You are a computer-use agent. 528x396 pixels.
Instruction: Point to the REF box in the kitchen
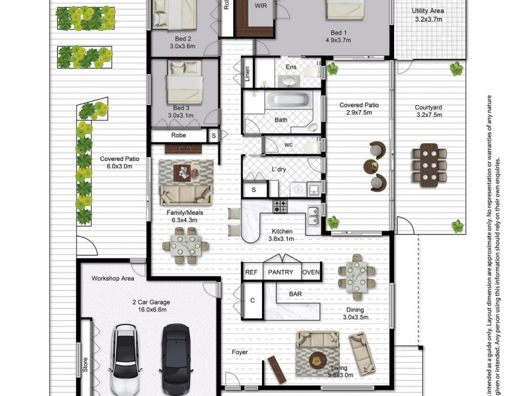[251, 272]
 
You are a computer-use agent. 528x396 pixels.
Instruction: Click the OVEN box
[311, 272]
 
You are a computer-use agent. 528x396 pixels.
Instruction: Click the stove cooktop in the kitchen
[280, 207]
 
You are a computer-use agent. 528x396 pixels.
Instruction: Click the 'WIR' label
[261, 5]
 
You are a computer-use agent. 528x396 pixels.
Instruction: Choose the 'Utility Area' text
[428, 11]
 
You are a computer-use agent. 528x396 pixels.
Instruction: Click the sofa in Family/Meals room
[186, 194]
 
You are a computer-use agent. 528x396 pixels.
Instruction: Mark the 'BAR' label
[295, 293]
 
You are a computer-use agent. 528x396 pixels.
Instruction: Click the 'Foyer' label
[240, 352]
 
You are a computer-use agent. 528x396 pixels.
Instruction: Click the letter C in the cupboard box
[251, 300]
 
